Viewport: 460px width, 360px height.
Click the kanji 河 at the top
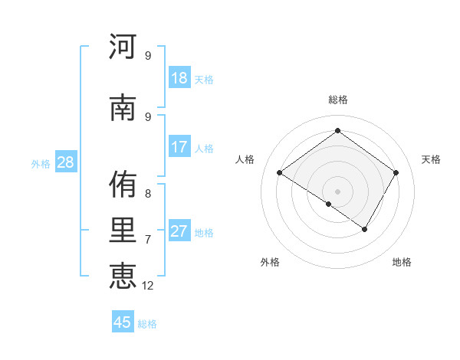click(x=123, y=47)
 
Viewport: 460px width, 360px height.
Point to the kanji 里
click(x=123, y=231)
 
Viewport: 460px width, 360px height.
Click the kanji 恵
click(x=123, y=275)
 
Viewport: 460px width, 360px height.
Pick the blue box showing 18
click(x=179, y=78)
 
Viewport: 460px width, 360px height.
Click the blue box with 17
click(x=179, y=147)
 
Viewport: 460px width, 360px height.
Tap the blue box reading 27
click(x=179, y=231)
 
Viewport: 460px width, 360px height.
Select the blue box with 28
click(x=65, y=162)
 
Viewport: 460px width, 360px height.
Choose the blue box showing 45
click(x=123, y=322)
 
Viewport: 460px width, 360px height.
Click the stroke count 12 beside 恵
click(x=148, y=286)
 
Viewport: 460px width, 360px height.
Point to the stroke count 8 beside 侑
click(x=148, y=194)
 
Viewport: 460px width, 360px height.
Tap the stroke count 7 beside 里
click(x=148, y=240)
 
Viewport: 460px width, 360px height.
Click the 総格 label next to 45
click(x=147, y=324)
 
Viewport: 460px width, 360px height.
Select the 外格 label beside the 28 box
click(x=40, y=164)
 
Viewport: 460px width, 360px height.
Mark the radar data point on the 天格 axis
click(x=396, y=173)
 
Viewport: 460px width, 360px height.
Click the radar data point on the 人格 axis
click(x=279, y=173)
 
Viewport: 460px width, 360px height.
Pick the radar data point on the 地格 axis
click(x=365, y=229)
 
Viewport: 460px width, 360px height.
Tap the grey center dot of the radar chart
click(x=337, y=191)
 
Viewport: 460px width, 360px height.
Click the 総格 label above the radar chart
click(x=337, y=100)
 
